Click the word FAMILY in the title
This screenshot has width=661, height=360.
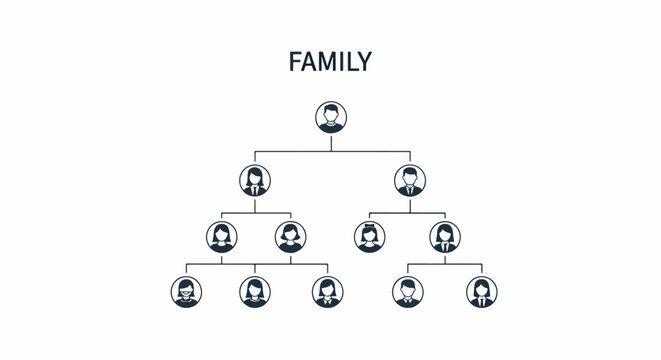click(330, 62)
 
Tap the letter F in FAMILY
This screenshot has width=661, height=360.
click(295, 62)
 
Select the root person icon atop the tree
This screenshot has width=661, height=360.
click(331, 117)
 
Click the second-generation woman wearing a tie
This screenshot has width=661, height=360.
click(255, 180)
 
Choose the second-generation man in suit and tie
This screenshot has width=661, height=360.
click(408, 180)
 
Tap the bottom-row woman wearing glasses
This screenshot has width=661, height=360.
click(185, 291)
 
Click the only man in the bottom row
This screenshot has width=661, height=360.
click(407, 291)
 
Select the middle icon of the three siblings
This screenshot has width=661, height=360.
click(255, 291)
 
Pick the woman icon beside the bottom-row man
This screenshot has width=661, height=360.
click(481, 291)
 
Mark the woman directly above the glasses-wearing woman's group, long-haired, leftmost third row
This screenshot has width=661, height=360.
click(221, 237)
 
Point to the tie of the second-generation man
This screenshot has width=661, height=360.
click(408, 188)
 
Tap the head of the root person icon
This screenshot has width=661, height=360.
click(331, 112)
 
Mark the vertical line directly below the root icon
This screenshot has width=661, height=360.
click(331, 142)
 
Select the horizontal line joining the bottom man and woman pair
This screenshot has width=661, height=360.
click(444, 264)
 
